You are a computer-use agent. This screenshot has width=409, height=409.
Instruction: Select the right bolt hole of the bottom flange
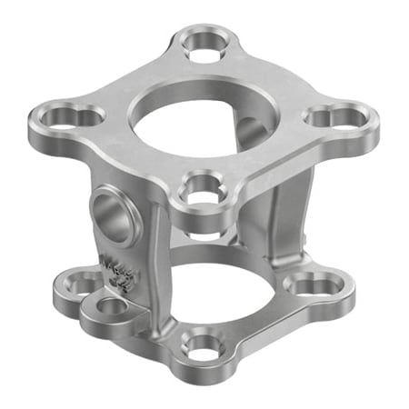tap(311, 285)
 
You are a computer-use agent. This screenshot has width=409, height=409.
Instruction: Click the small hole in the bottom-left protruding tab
tap(113, 306)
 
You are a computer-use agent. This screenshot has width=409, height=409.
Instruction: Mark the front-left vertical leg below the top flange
tap(155, 264)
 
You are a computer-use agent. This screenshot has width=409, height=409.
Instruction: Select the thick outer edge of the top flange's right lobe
tap(364, 133)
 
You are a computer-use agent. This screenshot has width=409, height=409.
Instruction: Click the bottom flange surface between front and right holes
tap(264, 323)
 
